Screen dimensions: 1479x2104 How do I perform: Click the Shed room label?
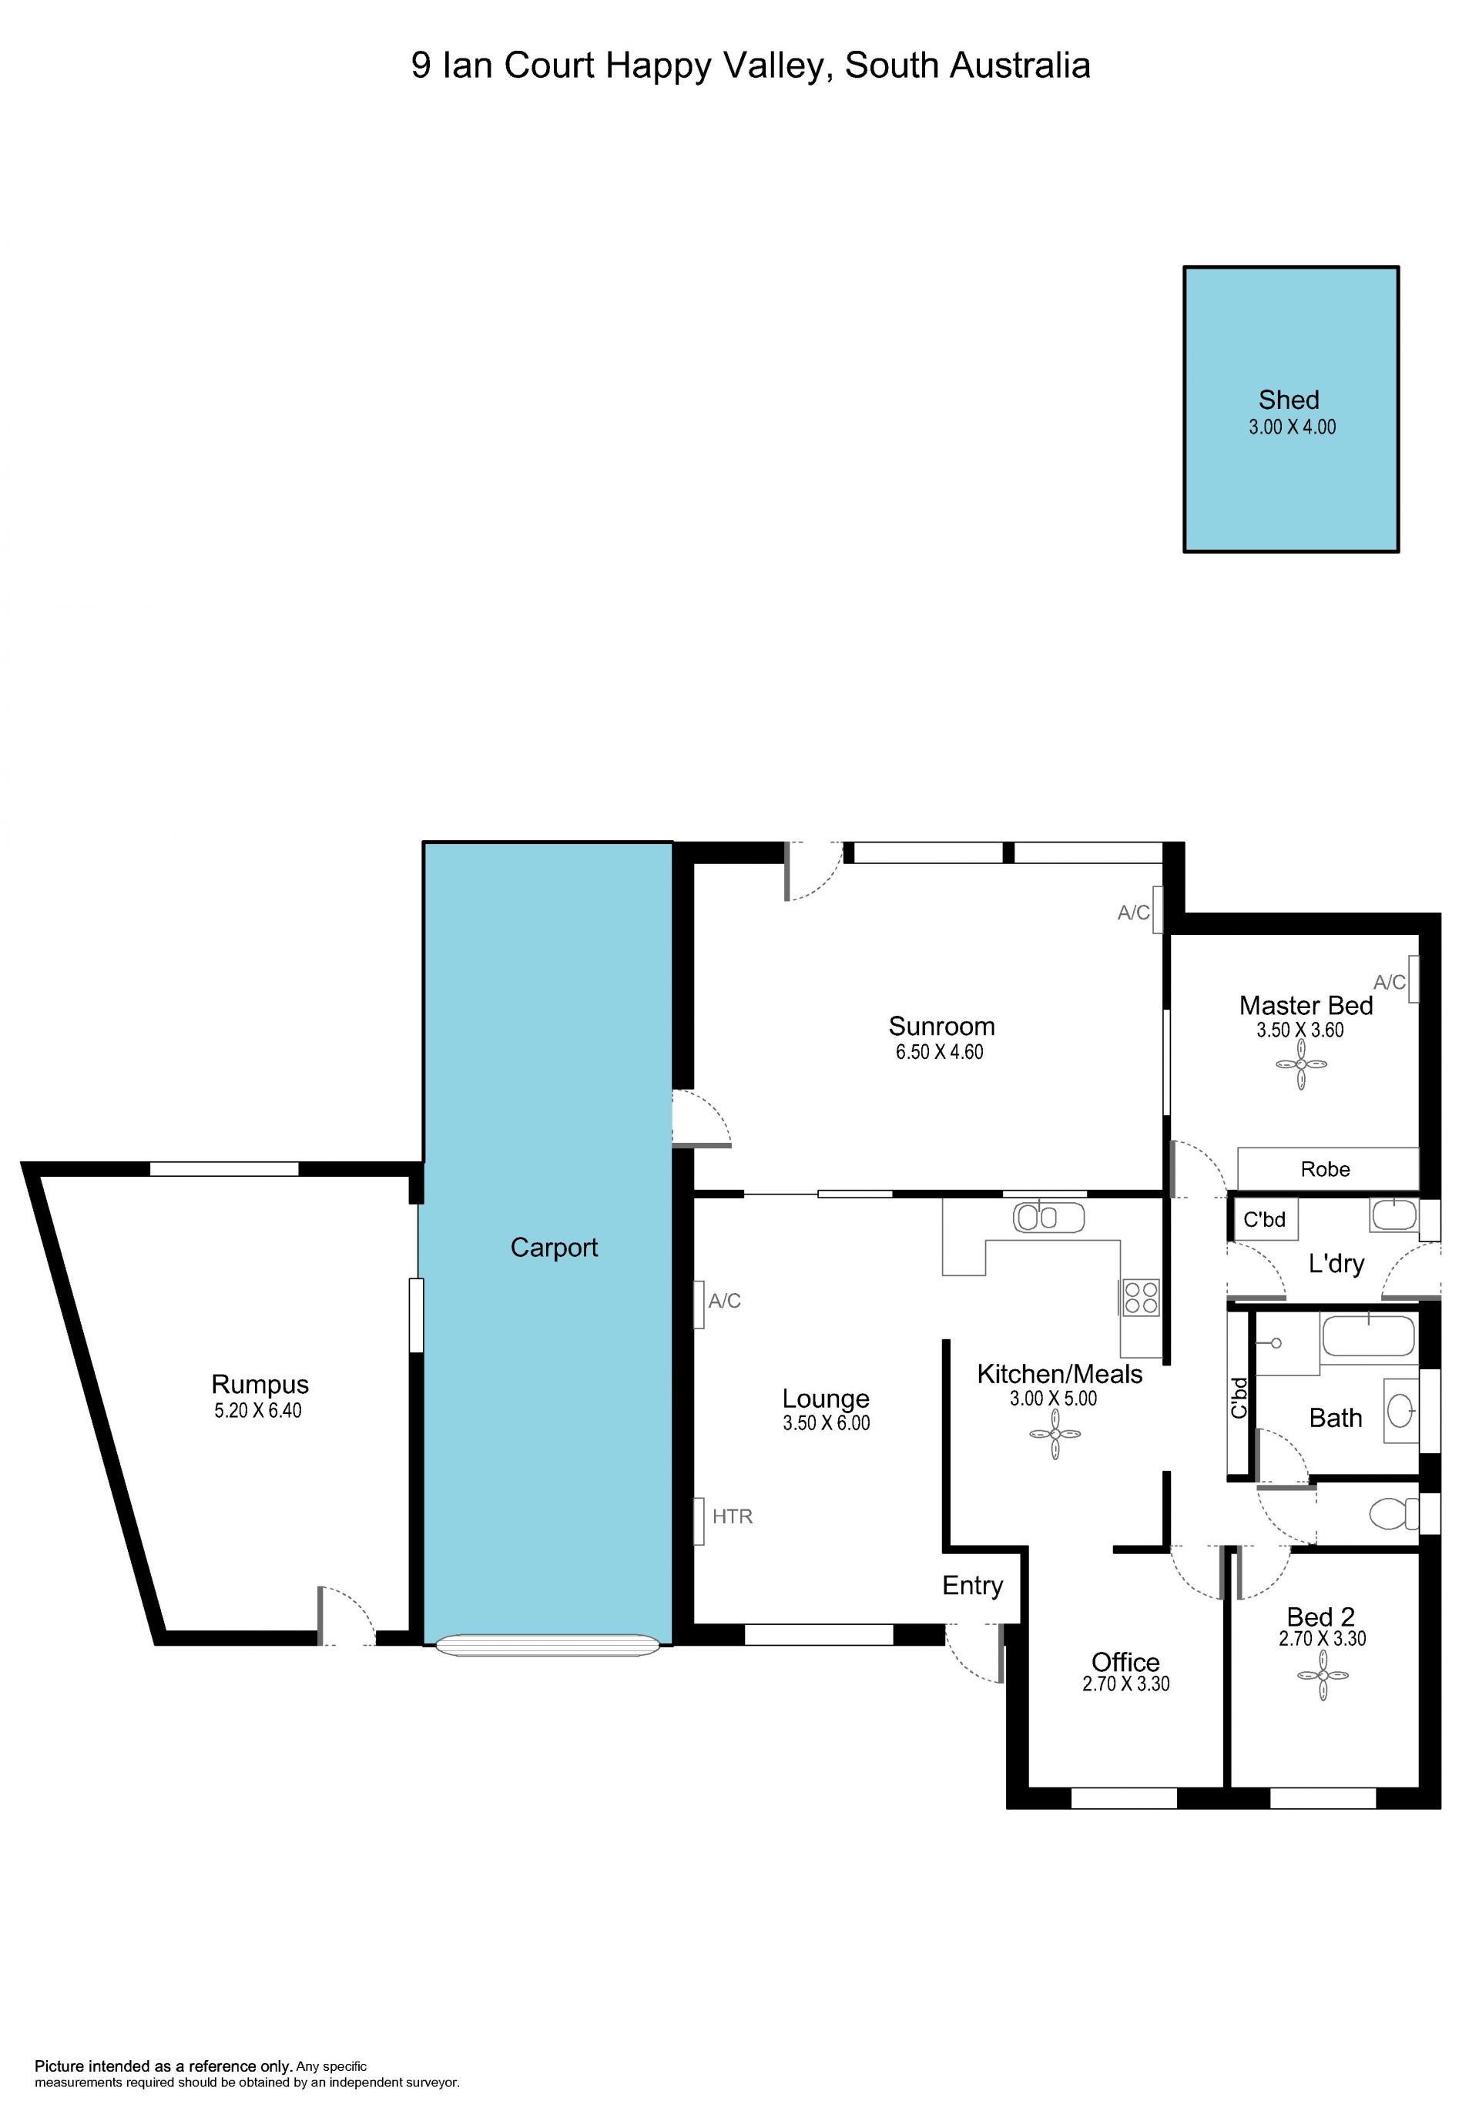point(1289,400)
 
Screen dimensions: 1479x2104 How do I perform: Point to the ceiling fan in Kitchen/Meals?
point(1055,1434)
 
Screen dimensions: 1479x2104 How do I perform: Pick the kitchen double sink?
point(1048,1217)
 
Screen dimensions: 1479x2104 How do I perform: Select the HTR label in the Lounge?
point(732,1516)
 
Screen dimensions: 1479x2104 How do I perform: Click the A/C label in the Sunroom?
point(1134,913)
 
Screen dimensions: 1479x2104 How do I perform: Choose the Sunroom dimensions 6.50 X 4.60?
point(939,1052)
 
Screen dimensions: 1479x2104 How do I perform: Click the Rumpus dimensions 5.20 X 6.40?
point(257,1410)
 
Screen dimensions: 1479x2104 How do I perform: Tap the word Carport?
point(554,1247)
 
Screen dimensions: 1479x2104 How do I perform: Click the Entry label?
point(972,1586)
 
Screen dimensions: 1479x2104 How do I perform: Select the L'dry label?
point(1336,1264)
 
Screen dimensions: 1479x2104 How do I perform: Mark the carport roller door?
point(547,1645)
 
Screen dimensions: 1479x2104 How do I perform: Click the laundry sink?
point(1393,1215)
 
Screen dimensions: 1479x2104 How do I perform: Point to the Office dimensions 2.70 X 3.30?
point(1125,1684)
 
